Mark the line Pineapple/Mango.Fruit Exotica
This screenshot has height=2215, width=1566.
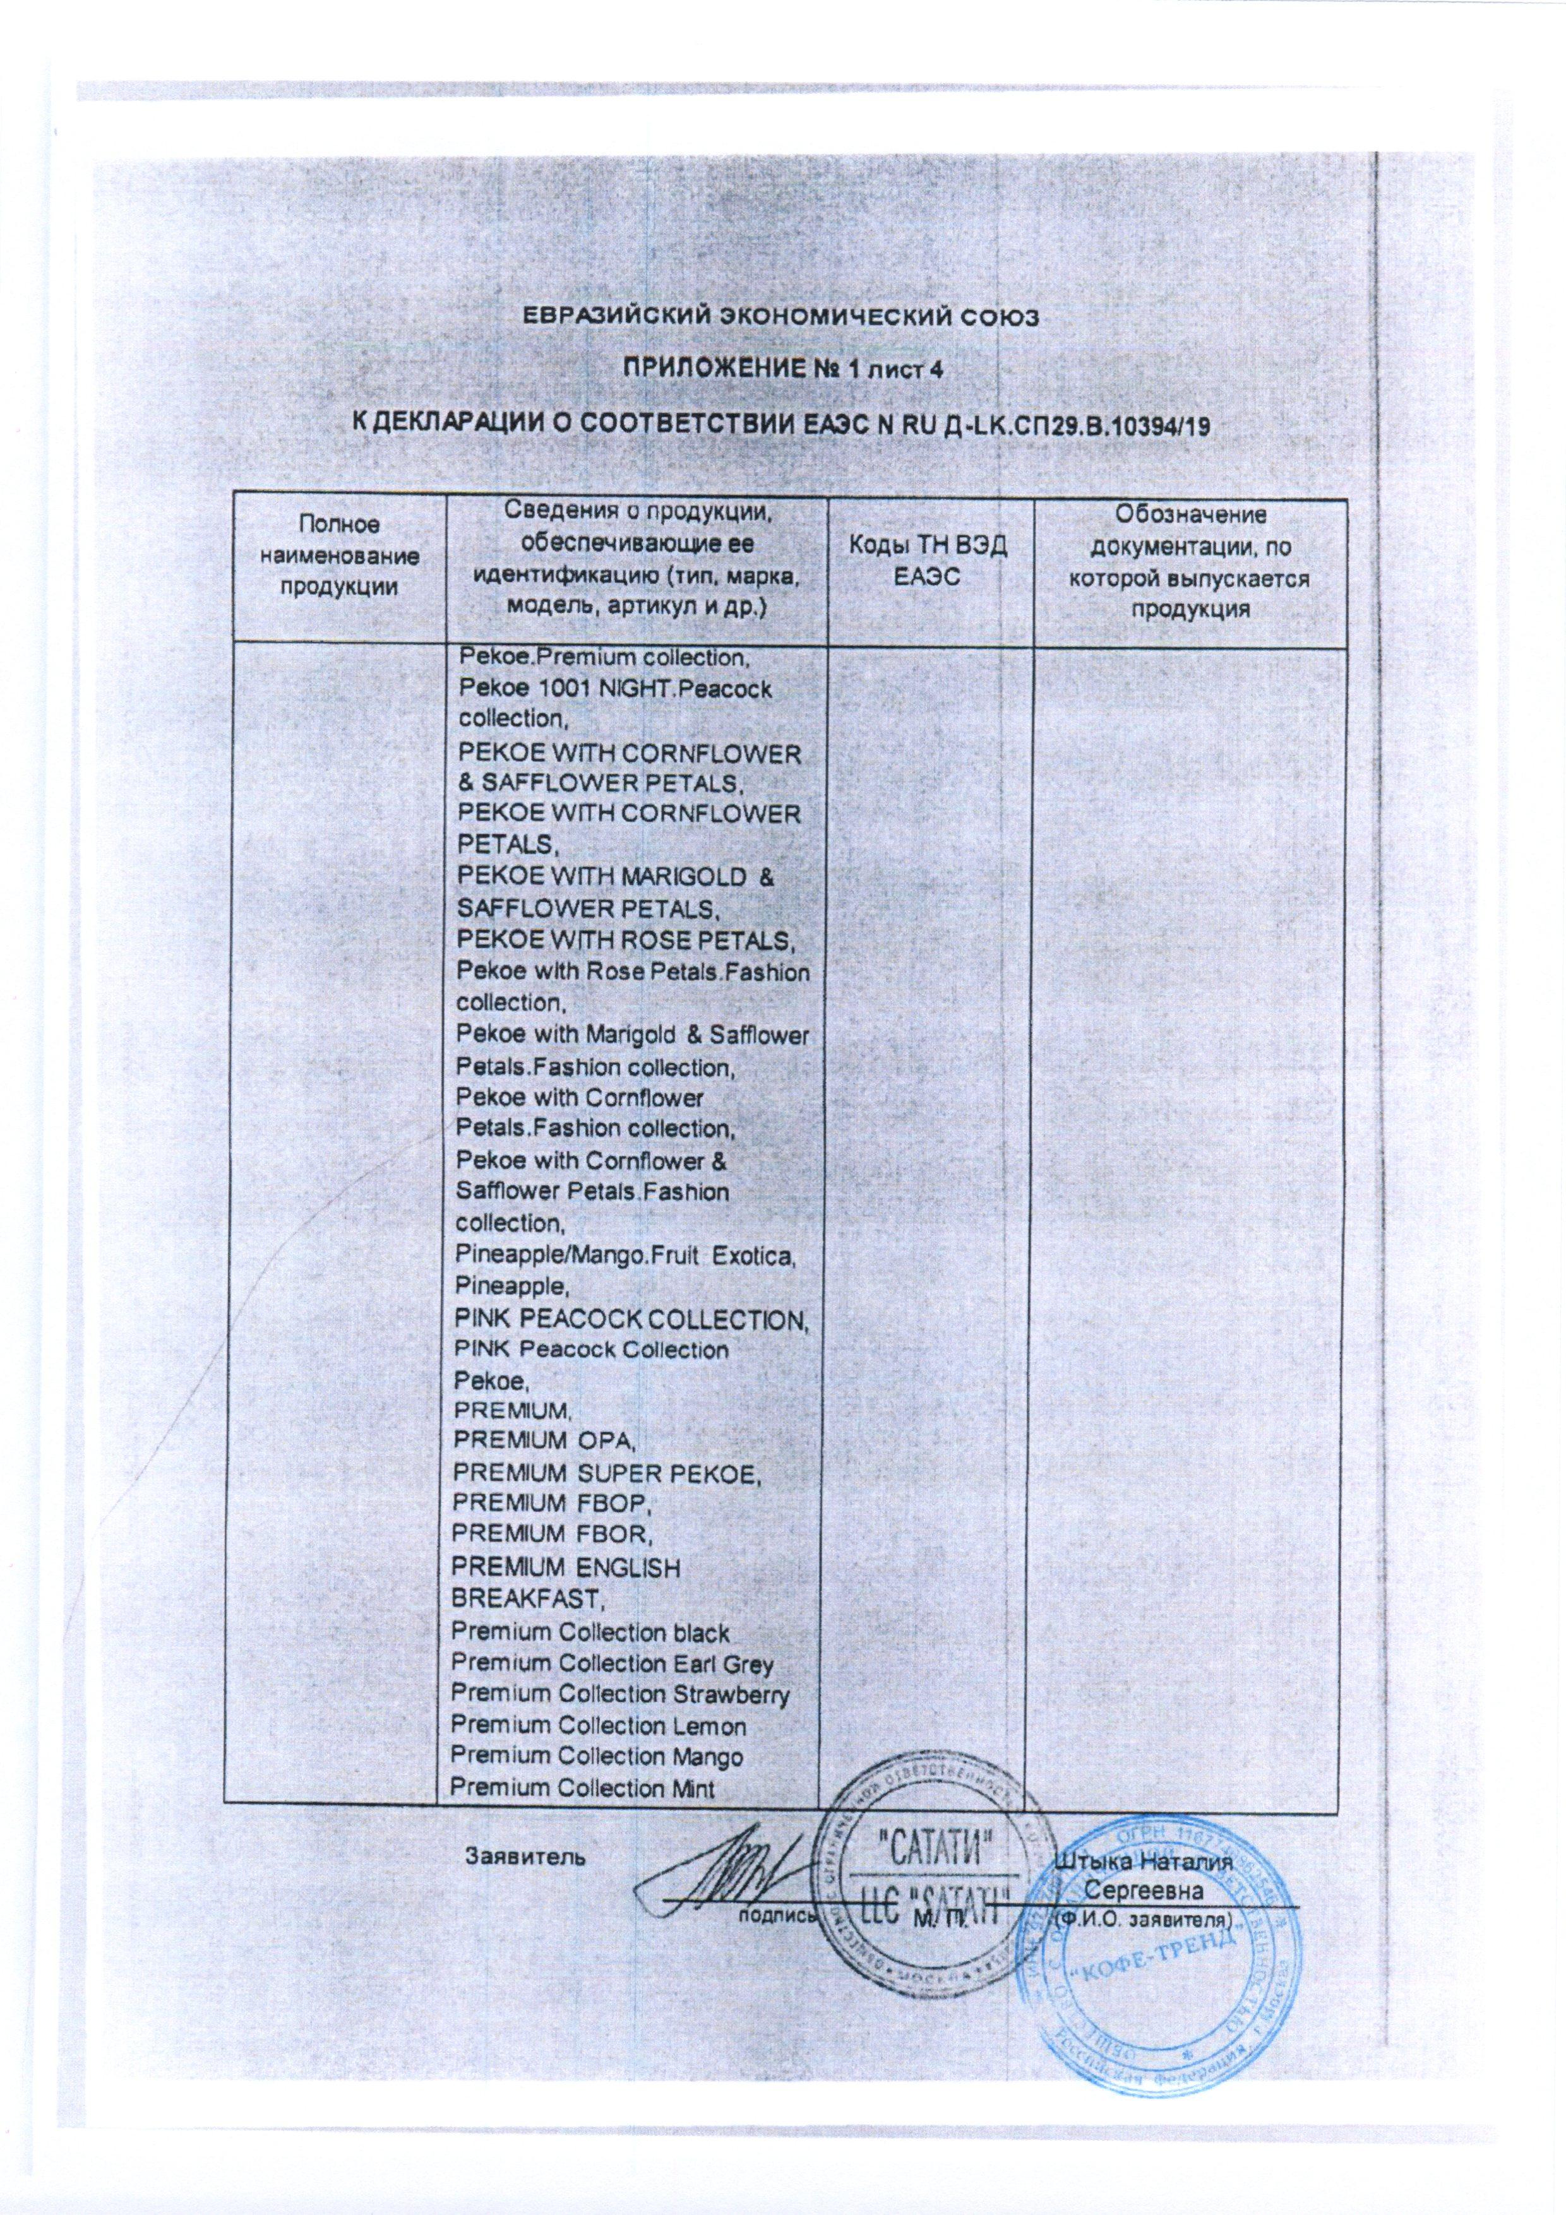pos(625,1257)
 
